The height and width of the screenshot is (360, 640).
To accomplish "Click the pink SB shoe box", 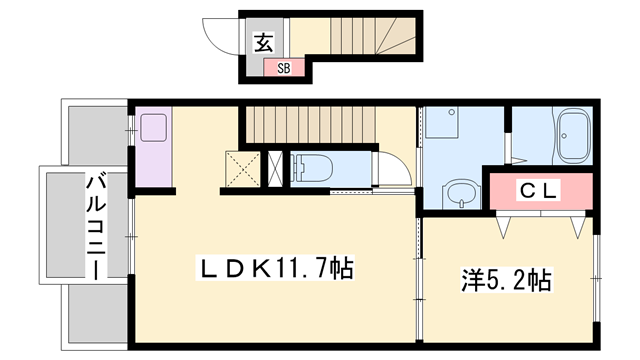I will (283, 68).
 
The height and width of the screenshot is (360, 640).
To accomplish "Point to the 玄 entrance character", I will (262, 43).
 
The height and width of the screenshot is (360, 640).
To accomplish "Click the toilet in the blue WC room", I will (313, 168).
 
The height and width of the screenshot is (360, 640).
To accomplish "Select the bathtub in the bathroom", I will (573, 137).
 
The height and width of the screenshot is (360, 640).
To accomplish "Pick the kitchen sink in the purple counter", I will (155, 129).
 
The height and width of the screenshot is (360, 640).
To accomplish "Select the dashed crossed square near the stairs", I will (242, 168).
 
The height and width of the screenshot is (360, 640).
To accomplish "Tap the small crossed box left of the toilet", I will (276, 168).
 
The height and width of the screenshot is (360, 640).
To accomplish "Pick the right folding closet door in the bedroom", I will (577, 226).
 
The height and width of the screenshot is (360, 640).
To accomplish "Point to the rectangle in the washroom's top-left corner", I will (441, 124).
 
